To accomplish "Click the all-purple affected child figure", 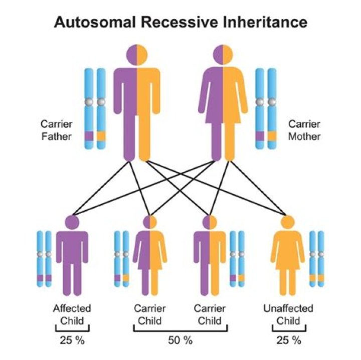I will pyautogui.click(x=72, y=261).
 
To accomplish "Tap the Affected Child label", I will pyautogui.click(x=72, y=314).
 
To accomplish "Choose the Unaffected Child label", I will pyautogui.click(x=288, y=314).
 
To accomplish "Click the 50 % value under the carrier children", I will pyautogui.click(x=180, y=340).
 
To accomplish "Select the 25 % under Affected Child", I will pyautogui.click(x=72, y=340).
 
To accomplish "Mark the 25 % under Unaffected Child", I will pyautogui.click(x=288, y=340).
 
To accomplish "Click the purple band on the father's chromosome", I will pyautogui.click(x=89, y=135).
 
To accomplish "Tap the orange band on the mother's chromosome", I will pyautogui.click(x=272, y=135).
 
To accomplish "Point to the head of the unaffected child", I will pyautogui.click(x=288, y=221).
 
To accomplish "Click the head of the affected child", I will pyautogui.click(x=72, y=221).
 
